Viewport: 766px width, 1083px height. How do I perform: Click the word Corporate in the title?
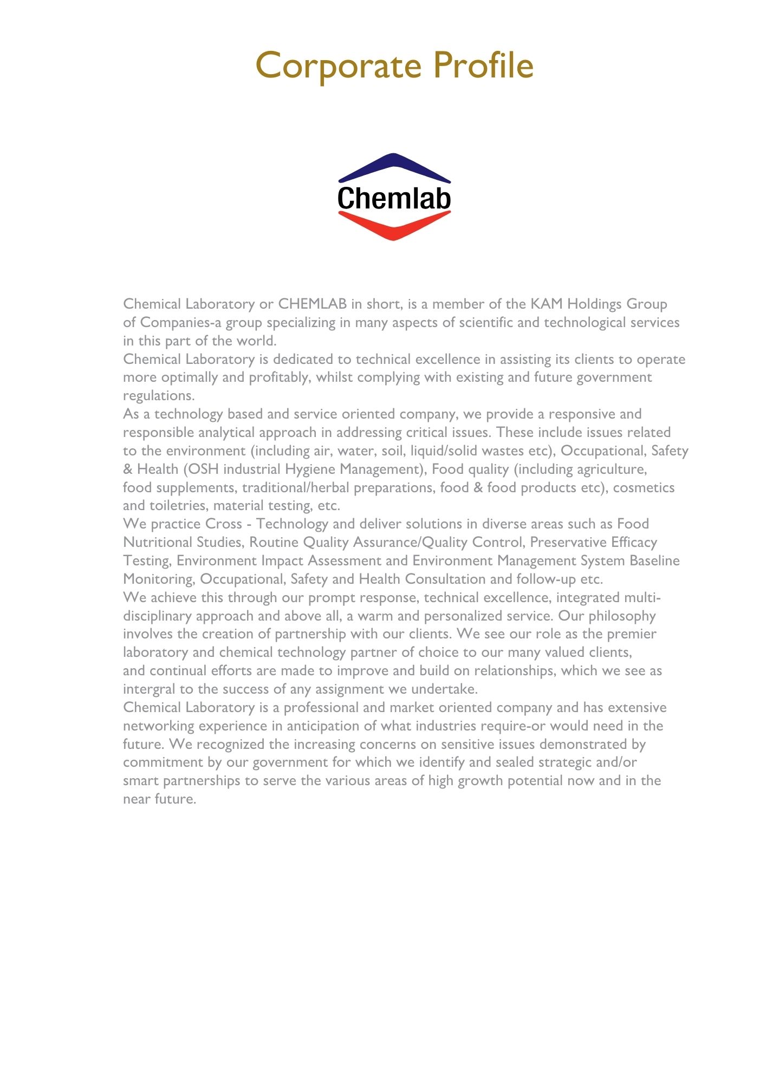coord(338,66)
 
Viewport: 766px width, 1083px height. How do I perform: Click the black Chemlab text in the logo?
coord(394,198)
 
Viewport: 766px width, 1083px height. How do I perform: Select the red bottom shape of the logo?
coord(394,226)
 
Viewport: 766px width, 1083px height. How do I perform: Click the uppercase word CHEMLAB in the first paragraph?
coord(312,304)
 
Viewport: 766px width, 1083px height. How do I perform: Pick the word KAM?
coord(547,304)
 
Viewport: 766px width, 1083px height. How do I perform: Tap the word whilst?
coord(334,377)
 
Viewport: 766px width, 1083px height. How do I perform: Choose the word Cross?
coord(224,524)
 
